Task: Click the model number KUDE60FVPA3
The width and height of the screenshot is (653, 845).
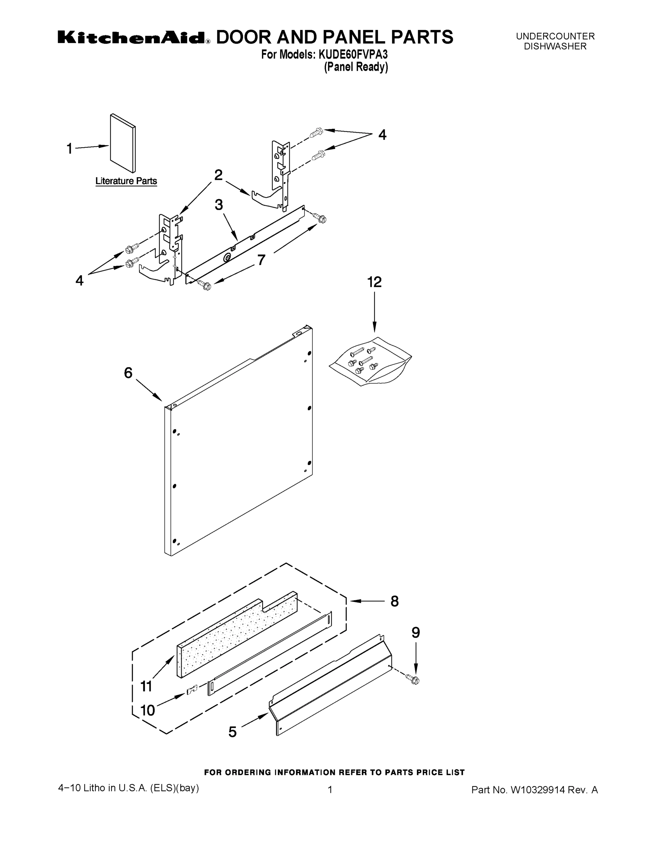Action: [353, 55]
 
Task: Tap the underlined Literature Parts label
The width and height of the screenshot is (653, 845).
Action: [126, 181]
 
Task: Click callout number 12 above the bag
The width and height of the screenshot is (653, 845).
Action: [374, 282]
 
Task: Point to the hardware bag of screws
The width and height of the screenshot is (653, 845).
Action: [369, 361]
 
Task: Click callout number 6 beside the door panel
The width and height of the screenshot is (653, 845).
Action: [128, 373]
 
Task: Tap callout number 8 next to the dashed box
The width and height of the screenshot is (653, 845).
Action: [394, 601]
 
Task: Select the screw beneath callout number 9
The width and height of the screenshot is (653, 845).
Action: [413, 678]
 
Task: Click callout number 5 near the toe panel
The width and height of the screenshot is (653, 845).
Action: [232, 732]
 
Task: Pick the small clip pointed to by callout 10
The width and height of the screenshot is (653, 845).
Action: [192, 689]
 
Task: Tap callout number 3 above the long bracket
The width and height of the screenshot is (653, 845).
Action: [219, 205]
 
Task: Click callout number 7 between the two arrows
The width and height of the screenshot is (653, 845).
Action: [262, 260]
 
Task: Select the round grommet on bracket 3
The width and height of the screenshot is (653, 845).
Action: [227, 258]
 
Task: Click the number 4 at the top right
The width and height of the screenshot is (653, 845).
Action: [382, 134]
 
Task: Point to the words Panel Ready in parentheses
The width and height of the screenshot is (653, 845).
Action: [356, 67]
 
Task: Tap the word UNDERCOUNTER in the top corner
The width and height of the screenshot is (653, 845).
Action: [555, 36]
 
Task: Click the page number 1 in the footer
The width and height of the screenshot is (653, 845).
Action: [330, 790]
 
